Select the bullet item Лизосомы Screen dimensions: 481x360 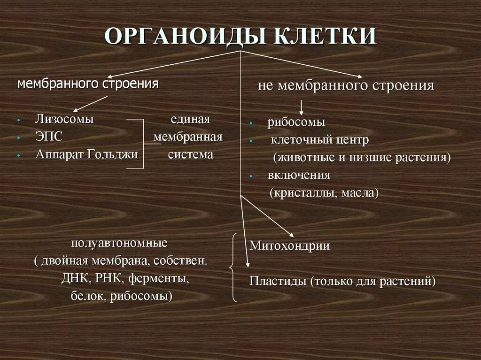[x=64, y=119]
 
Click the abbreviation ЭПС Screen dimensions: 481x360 [x=49, y=137]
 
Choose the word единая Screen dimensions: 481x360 [x=190, y=119]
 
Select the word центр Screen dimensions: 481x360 [x=353, y=140]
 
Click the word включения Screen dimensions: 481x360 [x=299, y=175]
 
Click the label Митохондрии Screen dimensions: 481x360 [x=289, y=245]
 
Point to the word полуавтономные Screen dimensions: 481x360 [x=120, y=243]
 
